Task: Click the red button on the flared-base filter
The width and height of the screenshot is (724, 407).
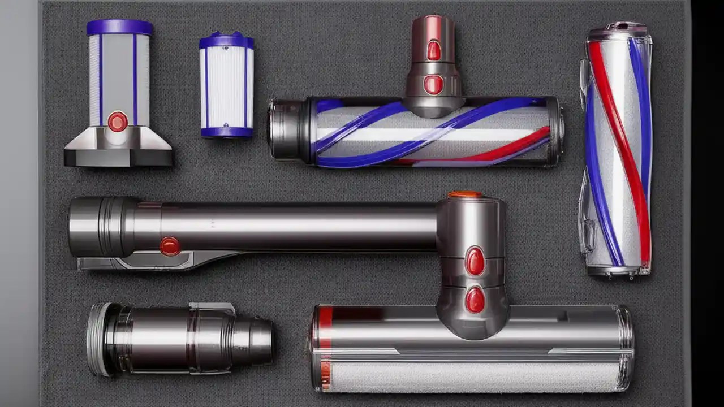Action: (118, 122)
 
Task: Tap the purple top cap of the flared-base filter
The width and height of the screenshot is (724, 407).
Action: (119, 27)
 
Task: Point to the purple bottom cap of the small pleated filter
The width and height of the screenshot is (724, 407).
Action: (226, 132)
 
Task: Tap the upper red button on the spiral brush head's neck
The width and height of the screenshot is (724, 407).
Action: (434, 50)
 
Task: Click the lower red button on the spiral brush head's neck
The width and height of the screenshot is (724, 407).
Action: (433, 85)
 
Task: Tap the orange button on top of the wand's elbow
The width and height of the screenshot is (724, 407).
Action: (465, 195)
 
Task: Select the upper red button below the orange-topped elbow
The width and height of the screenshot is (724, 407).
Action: (475, 261)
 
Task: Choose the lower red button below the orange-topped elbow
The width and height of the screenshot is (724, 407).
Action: (475, 300)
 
